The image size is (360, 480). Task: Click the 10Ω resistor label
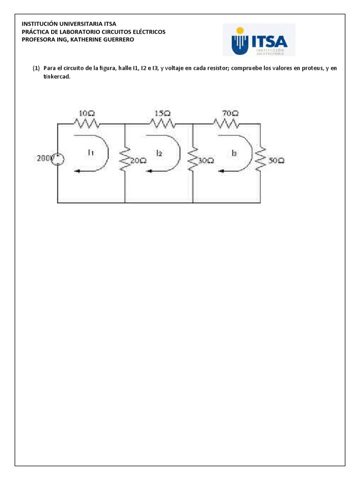coord(87,113)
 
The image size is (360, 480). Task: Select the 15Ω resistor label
coord(163,113)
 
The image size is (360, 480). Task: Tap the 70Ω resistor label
coord(230,113)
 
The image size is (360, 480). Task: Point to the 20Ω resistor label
coord(139,160)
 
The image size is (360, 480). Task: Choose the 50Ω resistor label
coord(276,160)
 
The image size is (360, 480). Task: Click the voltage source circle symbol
coord(58,160)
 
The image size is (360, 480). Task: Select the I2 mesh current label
coord(159,153)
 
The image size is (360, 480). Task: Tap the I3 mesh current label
coord(234,152)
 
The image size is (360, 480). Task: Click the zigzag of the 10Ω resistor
coord(86,123)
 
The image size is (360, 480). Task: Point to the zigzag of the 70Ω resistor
coord(227,123)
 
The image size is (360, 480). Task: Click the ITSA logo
coord(259,40)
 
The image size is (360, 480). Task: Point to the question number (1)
coord(36,68)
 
